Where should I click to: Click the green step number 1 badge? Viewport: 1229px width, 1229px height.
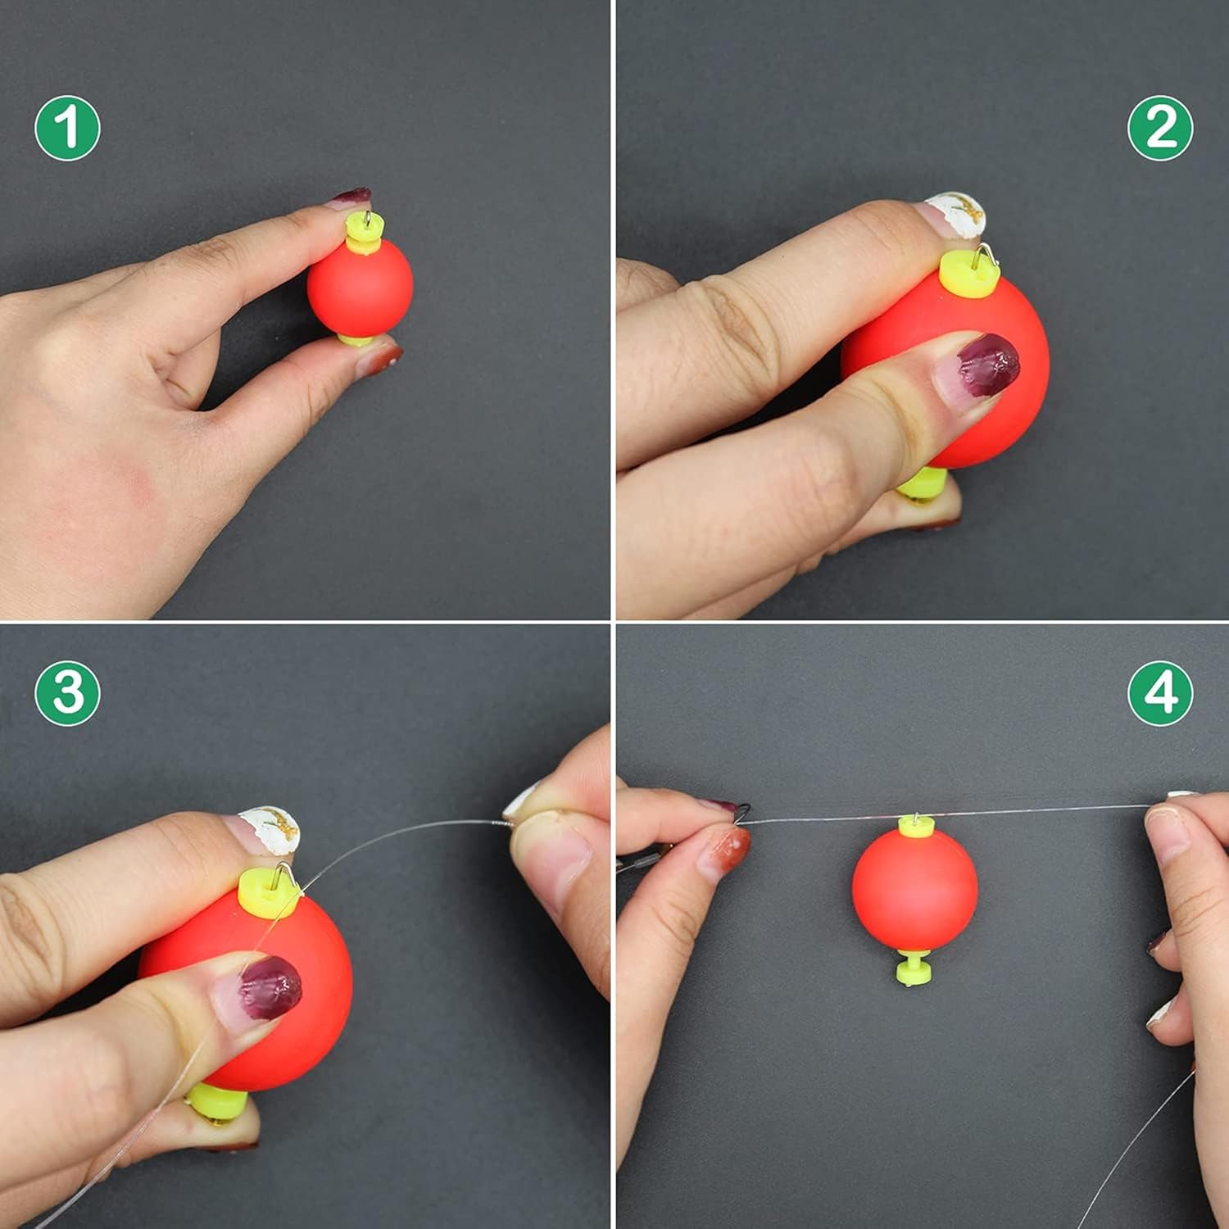point(67,128)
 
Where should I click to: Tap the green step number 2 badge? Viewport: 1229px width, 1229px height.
point(1160,128)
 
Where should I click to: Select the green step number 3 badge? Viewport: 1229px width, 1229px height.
point(67,693)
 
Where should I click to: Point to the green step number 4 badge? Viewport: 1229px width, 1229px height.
point(1160,693)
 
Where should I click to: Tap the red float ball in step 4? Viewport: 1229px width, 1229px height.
point(914,891)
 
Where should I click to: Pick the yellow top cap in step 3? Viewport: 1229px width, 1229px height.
point(269,892)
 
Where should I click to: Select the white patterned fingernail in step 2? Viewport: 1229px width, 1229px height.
point(955,215)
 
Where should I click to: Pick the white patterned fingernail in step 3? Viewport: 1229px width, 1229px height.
point(269,830)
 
